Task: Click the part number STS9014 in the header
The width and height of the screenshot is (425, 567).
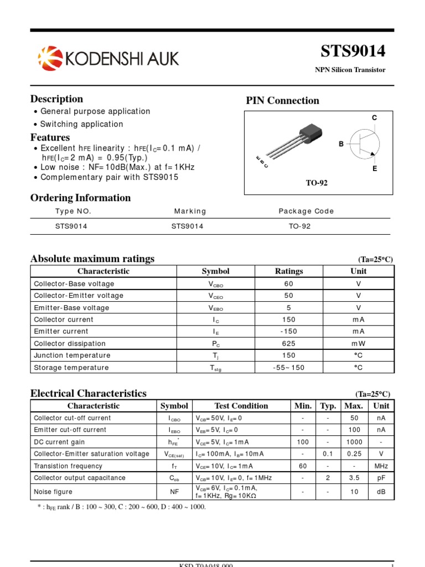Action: [x=353, y=51]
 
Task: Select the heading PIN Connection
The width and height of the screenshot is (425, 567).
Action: [x=282, y=100]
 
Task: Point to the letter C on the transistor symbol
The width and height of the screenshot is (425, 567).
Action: [x=374, y=118]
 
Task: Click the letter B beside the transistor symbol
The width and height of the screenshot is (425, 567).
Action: [x=341, y=144]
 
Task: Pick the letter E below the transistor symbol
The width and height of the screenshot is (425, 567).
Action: [x=375, y=168]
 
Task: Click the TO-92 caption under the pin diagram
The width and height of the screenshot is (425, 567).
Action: [x=317, y=183]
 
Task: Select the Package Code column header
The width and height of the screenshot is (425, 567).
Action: [x=306, y=211]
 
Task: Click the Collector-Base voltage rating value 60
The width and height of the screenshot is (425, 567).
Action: [x=289, y=283]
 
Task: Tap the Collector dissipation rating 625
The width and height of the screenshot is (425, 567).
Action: [x=289, y=343]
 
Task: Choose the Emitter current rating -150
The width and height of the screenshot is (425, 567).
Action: [x=289, y=331]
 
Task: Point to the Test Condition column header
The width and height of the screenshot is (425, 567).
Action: [x=241, y=406]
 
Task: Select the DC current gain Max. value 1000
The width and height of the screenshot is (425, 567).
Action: [x=354, y=442]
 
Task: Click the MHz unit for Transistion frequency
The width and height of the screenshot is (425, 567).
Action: [x=381, y=466]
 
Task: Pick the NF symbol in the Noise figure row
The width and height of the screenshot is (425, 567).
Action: [x=174, y=492]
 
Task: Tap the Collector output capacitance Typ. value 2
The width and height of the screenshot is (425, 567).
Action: [x=328, y=478]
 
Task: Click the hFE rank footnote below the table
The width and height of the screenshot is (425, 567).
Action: [x=121, y=507]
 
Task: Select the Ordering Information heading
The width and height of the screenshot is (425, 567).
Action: [x=80, y=198]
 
